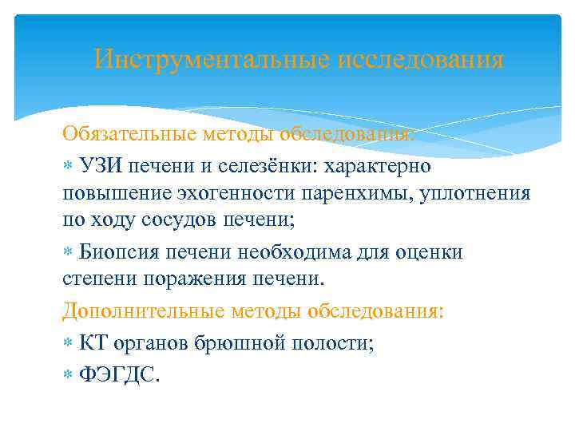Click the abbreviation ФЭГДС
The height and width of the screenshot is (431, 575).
tap(119, 375)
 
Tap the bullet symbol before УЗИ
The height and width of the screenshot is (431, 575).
tap(68, 167)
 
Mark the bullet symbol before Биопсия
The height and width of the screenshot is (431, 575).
tap(68, 254)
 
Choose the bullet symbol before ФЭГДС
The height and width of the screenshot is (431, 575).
tap(68, 375)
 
